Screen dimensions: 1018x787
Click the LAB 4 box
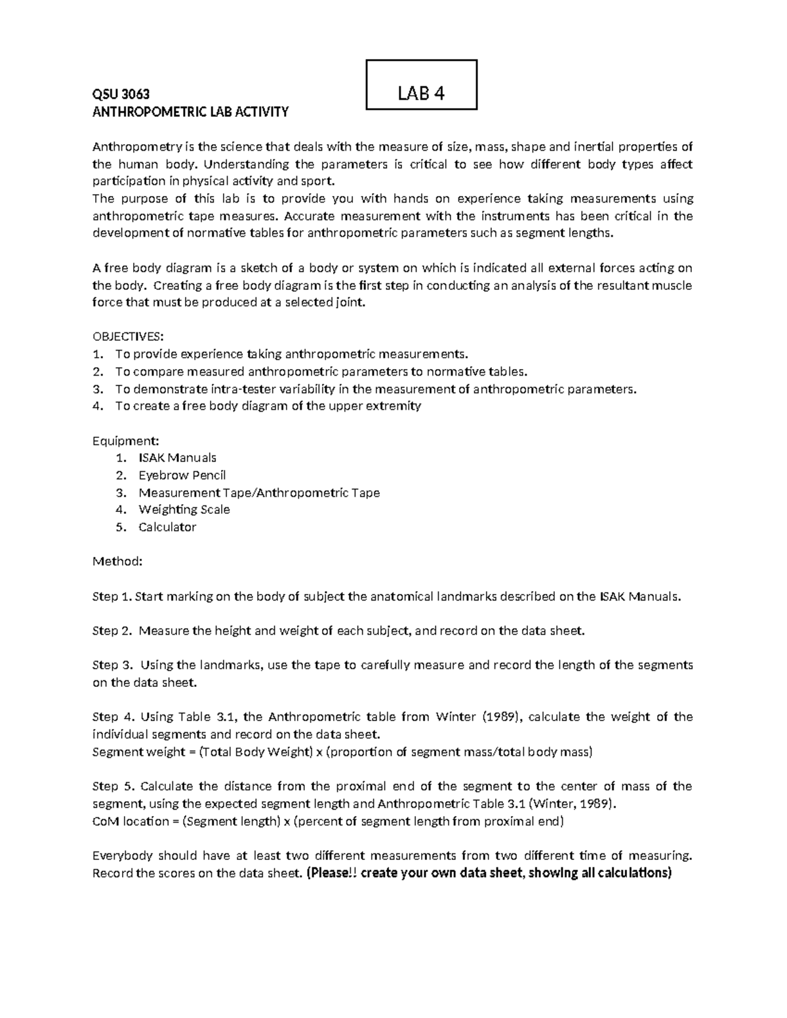click(421, 85)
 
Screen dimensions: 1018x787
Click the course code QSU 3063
click(121, 94)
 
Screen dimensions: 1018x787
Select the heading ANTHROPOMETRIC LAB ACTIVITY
click(190, 111)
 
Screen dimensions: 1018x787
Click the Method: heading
click(117, 562)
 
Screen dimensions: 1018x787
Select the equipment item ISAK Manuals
click(177, 458)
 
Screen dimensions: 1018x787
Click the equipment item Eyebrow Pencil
click(182, 475)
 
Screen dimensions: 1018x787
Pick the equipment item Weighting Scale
click(184, 509)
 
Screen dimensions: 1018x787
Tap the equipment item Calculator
click(167, 527)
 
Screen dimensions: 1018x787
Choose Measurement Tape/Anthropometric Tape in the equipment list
click(259, 492)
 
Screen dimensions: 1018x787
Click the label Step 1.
click(112, 597)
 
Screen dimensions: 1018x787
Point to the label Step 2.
click(112, 631)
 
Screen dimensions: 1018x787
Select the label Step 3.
click(112, 665)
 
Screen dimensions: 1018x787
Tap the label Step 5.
click(112, 786)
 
